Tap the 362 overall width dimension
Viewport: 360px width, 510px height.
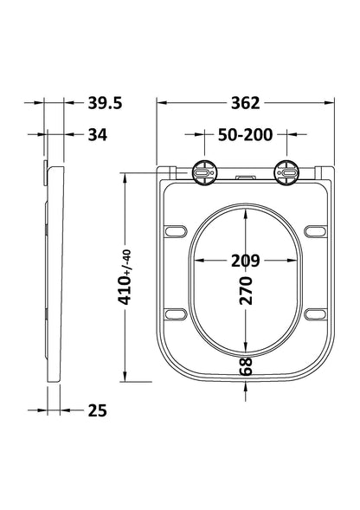click(246, 103)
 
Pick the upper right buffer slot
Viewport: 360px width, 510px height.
click(315, 230)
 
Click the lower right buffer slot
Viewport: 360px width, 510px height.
click(315, 313)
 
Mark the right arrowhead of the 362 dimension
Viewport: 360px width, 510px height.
click(330, 103)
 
